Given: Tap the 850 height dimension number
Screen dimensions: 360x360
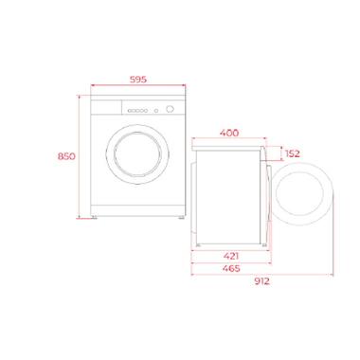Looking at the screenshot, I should pyautogui.click(x=65, y=155).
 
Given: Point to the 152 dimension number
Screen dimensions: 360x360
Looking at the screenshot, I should pyautogui.click(x=292, y=153).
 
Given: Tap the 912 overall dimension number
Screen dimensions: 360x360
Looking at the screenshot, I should pyautogui.click(x=262, y=281).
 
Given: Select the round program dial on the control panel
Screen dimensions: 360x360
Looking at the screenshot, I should pyautogui.click(x=170, y=108).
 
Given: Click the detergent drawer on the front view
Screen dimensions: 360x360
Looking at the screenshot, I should pyautogui.click(x=105, y=108).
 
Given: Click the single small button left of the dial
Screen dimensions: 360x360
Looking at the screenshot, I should pyautogui.click(x=160, y=108).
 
